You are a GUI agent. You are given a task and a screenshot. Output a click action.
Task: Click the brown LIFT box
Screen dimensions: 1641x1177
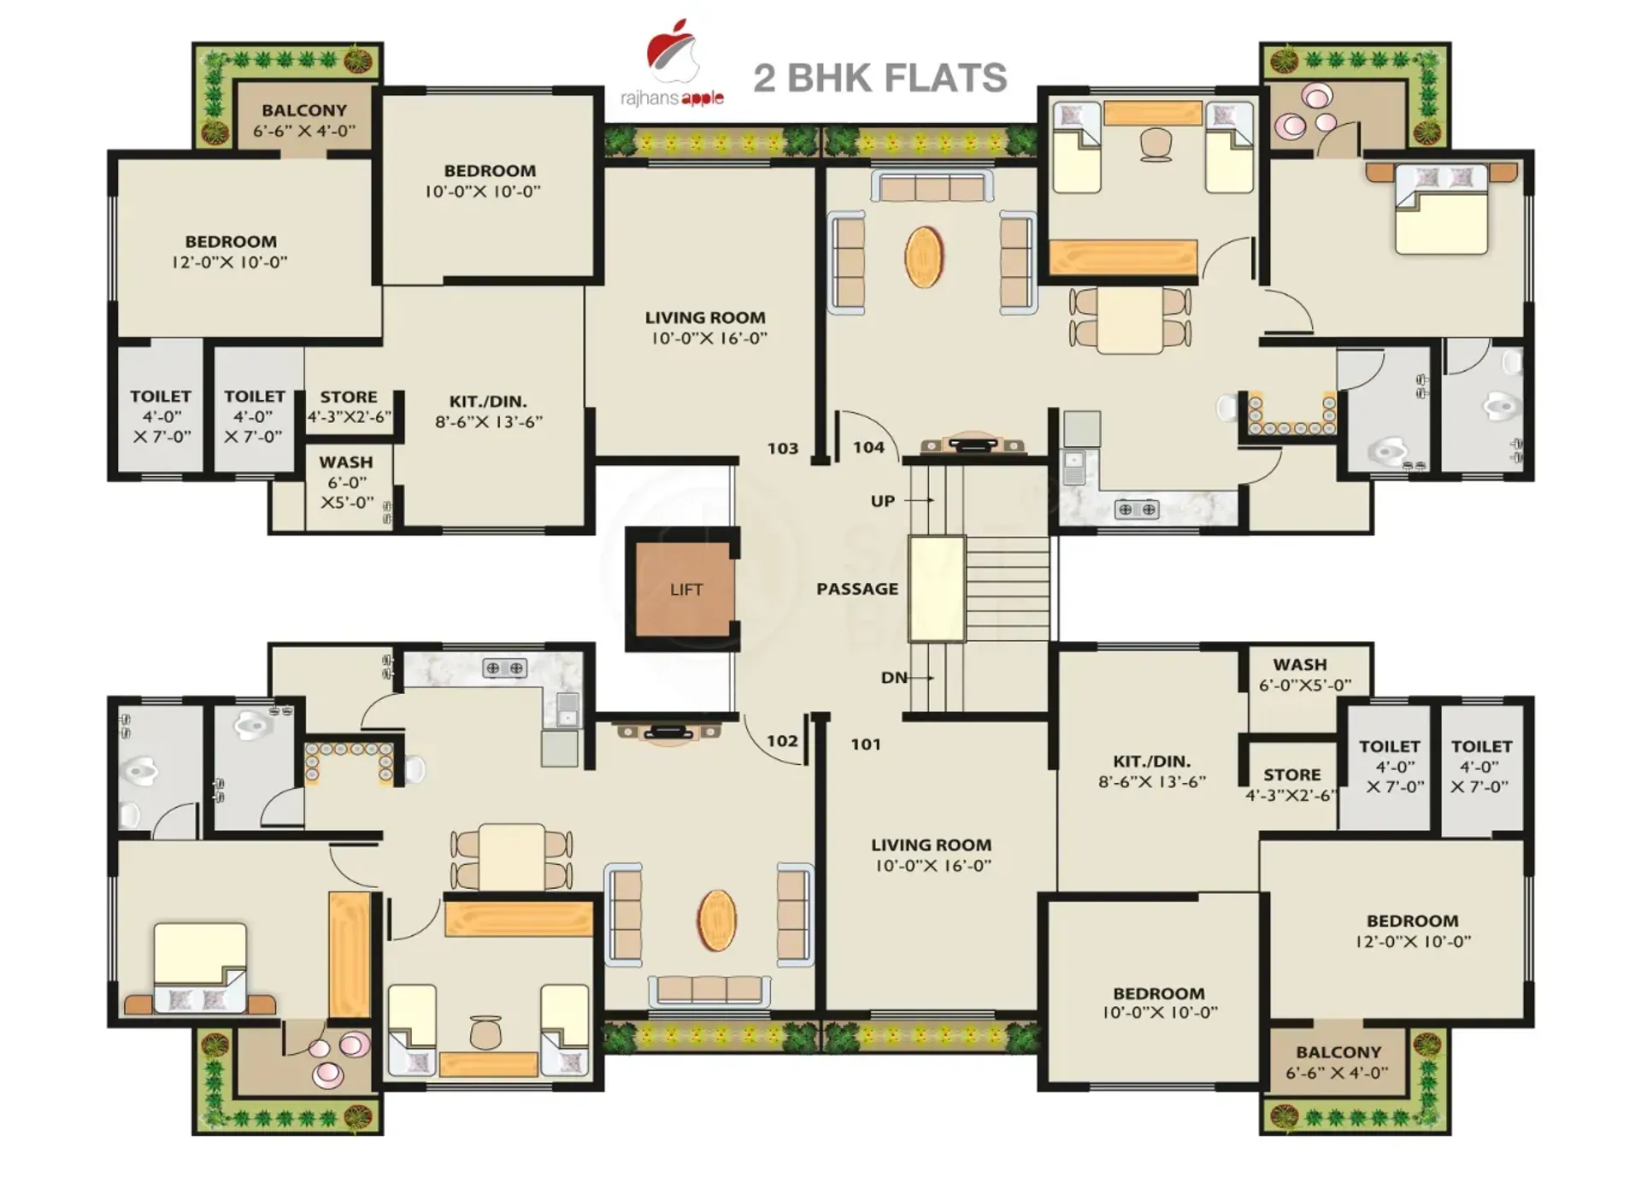click(x=685, y=589)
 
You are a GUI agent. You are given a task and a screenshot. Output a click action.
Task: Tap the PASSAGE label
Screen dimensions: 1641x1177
click(x=857, y=589)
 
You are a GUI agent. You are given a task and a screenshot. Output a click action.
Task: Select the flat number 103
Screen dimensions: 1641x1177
click(x=783, y=448)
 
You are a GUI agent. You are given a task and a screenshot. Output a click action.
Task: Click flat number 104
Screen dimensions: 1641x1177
click(x=868, y=447)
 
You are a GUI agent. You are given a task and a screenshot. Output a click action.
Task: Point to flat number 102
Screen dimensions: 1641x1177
click(x=782, y=741)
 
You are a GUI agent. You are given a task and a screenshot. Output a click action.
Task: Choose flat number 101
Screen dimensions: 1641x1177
click(x=866, y=744)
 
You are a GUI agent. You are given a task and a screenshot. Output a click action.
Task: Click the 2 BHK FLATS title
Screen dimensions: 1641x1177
click(x=880, y=78)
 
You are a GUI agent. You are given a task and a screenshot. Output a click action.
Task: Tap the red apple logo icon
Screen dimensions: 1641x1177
click(x=672, y=53)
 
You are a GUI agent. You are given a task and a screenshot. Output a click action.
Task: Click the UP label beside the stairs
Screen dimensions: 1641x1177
click(x=883, y=501)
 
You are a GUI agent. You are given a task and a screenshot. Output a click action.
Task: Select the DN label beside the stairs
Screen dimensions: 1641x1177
click(x=894, y=678)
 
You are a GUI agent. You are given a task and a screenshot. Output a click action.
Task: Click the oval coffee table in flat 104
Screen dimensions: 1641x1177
click(x=924, y=256)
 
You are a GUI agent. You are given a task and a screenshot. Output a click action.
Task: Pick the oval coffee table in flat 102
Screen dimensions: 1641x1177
click(x=717, y=921)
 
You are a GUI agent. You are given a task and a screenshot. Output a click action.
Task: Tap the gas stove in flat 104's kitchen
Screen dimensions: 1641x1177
click(x=1138, y=509)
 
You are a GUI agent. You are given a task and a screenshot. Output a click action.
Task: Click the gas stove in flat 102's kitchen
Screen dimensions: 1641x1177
click(x=504, y=668)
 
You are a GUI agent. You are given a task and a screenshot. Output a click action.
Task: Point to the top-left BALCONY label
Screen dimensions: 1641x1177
click(x=304, y=110)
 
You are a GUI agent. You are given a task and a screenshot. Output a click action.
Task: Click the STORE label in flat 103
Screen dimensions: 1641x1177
click(x=349, y=397)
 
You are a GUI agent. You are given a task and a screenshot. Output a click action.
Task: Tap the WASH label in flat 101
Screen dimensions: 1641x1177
click(x=1300, y=664)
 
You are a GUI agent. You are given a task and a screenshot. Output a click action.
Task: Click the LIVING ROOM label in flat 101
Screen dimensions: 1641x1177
click(x=932, y=844)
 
